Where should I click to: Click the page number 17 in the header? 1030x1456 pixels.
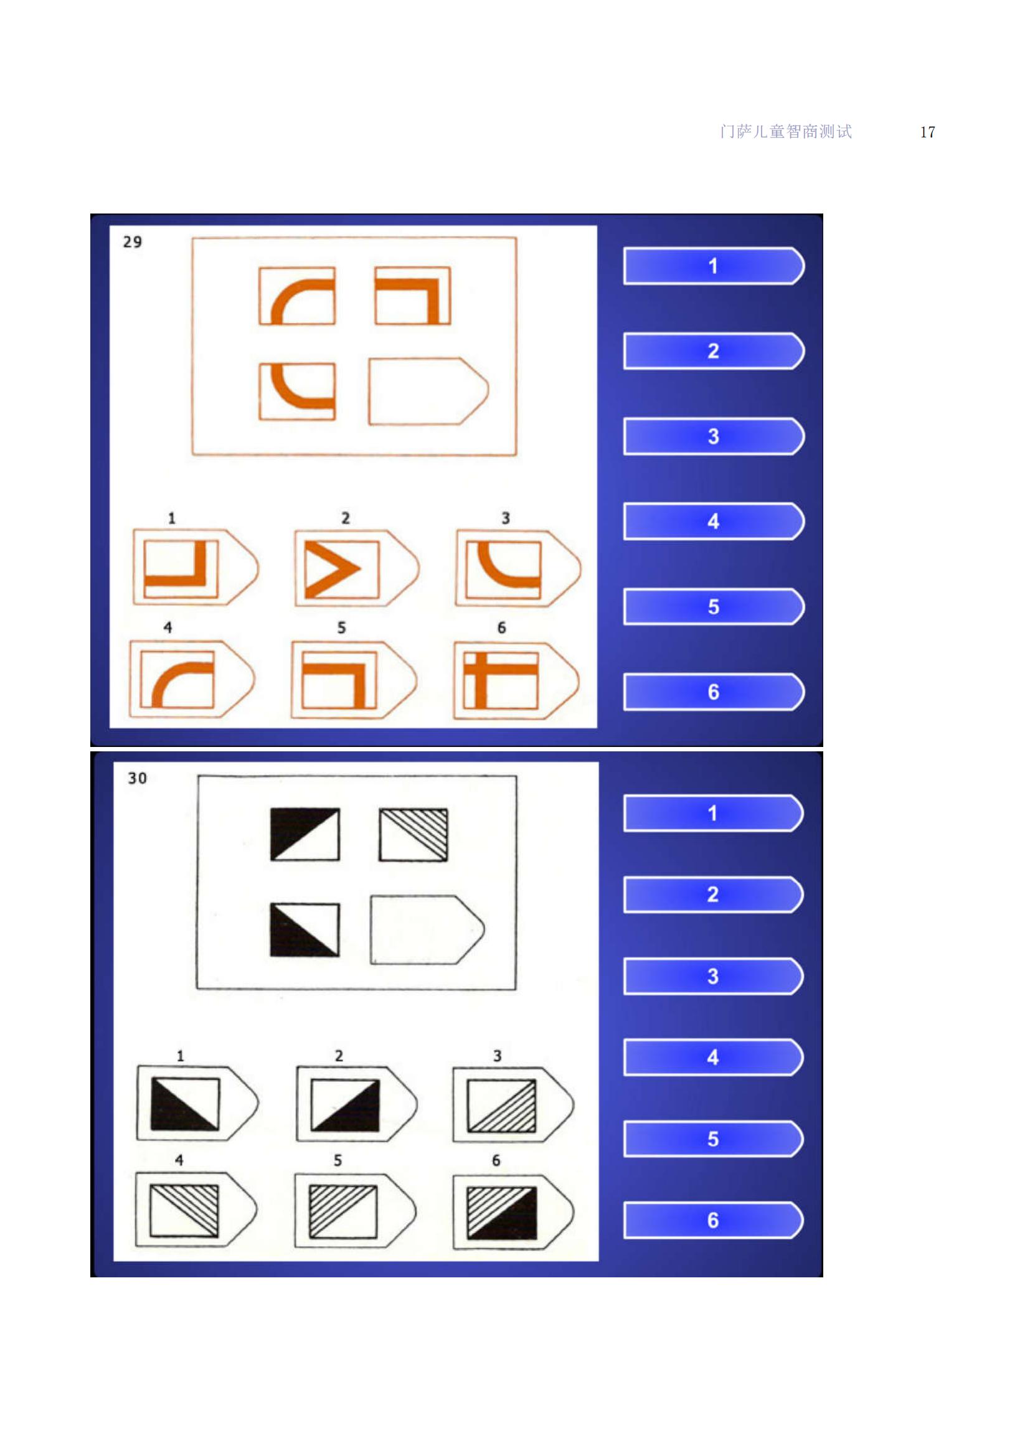(x=927, y=132)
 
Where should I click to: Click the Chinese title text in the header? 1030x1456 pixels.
(x=786, y=131)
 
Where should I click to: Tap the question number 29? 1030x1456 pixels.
(x=133, y=242)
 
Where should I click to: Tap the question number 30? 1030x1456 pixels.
(x=137, y=778)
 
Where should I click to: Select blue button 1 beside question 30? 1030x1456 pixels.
(x=714, y=813)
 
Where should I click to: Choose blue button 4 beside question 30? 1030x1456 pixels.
(x=714, y=1057)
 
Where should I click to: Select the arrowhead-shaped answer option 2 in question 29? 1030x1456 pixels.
(x=357, y=568)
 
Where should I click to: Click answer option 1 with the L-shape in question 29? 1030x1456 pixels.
(x=196, y=567)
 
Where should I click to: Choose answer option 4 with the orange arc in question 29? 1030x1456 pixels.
(x=192, y=679)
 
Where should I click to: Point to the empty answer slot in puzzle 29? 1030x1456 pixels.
(x=428, y=392)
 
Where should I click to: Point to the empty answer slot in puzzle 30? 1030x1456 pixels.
(x=427, y=929)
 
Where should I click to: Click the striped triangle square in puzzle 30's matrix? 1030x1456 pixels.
(x=413, y=835)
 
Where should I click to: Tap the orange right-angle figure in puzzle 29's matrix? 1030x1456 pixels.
(x=412, y=296)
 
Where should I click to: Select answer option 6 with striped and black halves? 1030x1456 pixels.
(x=514, y=1212)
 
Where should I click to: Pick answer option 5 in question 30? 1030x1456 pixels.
(x=355, y=1211)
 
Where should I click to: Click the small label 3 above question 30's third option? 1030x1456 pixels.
(x=497, y=1056)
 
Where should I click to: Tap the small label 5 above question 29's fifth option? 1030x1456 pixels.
(x=341, y=628)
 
